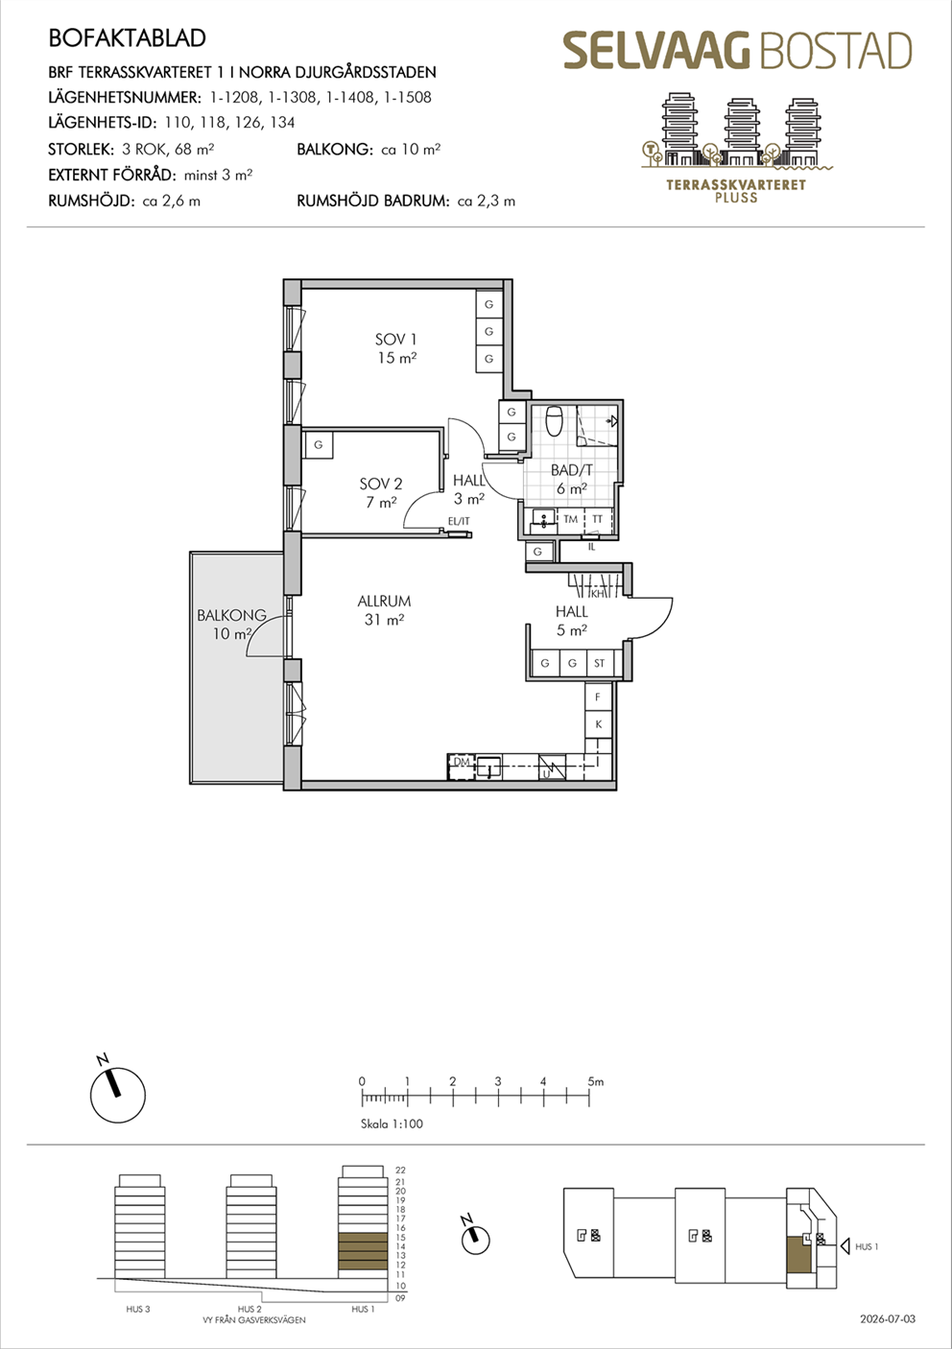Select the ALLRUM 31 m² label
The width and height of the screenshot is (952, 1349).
pyautogui.click(x=384, y=609)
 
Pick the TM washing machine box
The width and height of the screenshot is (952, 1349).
pyautogui.click(x=570, y=519)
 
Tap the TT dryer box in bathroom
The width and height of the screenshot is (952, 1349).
pyautogui.click(x=597, y=519)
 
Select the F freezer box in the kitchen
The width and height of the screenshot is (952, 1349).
pyautogui.click(x=598, y=697)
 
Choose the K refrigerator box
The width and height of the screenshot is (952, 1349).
pyautogui.click(x=598, y=724)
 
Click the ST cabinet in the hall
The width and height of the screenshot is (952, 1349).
pyautogui.click(x=600, y=663)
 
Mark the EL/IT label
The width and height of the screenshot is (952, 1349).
pyautogui.click(x=459, y=522)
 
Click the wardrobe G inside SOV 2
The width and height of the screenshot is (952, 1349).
pyautogui.click(x=319, y=445)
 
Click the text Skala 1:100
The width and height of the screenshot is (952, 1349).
pyautogui.click(x=392, y=1124)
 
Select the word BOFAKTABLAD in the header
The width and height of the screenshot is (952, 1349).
pyautogui.click(x=127, y=38)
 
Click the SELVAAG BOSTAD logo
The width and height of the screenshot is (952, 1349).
pyautogui.click(x=737, y=51)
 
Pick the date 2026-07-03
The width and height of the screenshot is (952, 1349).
pyautogui.click(x=888, y=1319)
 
